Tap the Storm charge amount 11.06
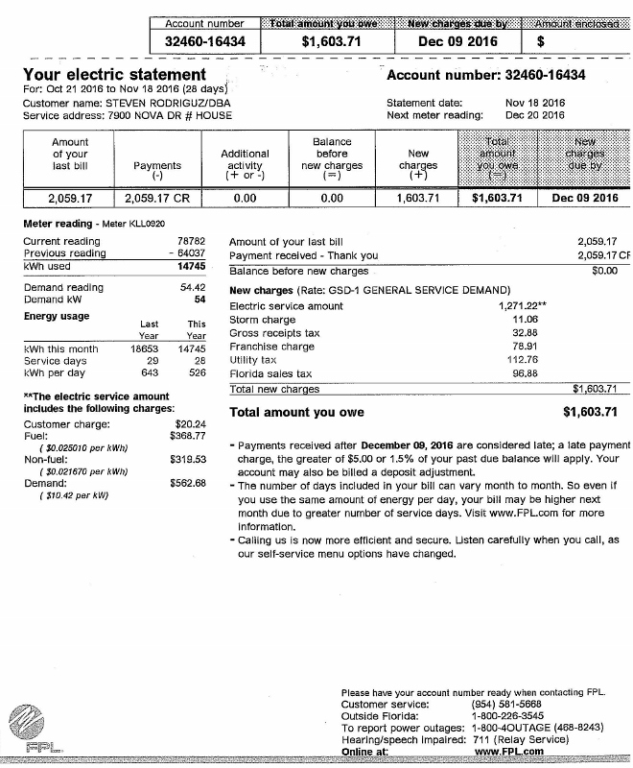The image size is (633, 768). (525, 319)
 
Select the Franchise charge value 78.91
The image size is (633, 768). (525, 347)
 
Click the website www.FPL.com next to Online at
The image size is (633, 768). (509, 752)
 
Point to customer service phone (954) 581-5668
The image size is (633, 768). (504, 704)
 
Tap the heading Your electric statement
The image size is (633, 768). (114, 74)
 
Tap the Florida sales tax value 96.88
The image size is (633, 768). (525, 373)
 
